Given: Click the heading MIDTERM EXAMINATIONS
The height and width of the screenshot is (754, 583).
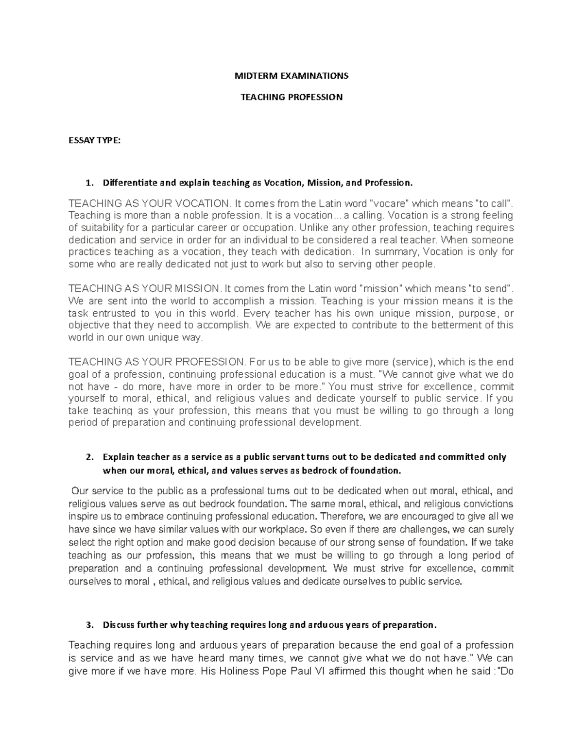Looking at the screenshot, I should pos(291,76).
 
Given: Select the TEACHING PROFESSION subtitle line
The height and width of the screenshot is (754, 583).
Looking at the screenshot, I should pos(291,97).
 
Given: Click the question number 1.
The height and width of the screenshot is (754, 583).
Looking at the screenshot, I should pos(88,183).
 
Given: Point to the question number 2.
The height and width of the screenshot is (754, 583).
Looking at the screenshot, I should pos(88,457).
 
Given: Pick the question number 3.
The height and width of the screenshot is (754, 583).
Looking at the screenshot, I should pos(88,624).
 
